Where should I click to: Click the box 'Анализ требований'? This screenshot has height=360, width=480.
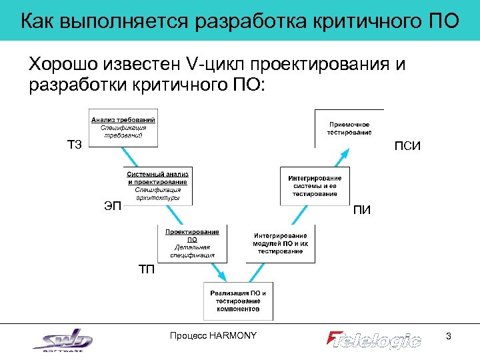pos(123,127)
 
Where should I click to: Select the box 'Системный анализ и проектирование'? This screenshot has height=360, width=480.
pos(158,185)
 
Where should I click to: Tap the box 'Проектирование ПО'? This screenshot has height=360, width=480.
pos(192,243)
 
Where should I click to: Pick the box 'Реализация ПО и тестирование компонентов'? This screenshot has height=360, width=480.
pos(238,301)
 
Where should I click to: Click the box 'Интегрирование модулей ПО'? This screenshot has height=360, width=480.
pos(280,243)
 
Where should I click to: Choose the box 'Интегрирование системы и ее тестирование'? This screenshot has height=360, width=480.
pos(315,185)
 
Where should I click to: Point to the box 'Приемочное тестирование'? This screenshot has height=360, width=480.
pos(349,127)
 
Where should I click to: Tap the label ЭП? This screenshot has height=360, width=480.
pos(113,205)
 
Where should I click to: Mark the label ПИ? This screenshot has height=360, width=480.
pos(362,211)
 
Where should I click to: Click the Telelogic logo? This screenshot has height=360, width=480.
pos(374,339)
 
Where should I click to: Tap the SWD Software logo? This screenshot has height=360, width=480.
pos(63,340)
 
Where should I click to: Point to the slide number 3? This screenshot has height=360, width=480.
pos(449,337)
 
